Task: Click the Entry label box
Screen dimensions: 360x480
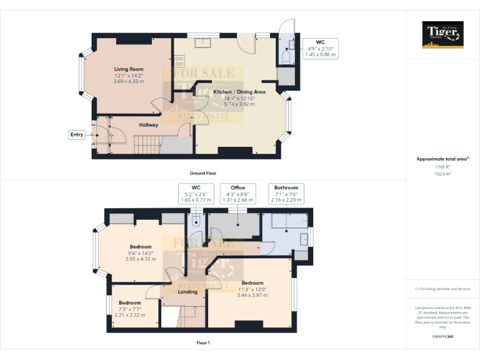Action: click(x=77, y=134)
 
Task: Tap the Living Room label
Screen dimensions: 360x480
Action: click(x=129, y=69)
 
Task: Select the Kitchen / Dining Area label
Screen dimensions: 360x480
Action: click(x=239, y=92)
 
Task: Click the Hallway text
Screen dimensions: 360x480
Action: click(x=149, y=125)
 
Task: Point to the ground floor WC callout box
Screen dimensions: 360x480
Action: click(x=320, y=48)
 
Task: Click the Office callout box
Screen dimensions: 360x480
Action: click(x=237, y=194)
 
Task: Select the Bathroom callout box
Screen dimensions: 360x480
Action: click(x=286, y=194)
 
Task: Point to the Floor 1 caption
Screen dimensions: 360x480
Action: click(x=203, y=342)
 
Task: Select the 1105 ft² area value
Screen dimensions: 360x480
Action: click(x=442, y=167)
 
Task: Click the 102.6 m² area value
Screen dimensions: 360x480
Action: click(x=442, y=174)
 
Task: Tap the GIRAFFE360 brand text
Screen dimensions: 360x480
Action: click(x=442, y=337)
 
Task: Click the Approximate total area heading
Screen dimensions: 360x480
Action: click(x=441, y=159)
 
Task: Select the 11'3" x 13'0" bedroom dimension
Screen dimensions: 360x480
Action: click(x=252, y=289)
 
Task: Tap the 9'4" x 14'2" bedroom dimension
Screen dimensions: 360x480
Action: click(x=141, y=253)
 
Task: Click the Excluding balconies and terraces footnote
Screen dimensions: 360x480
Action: click(x=442, y=289)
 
